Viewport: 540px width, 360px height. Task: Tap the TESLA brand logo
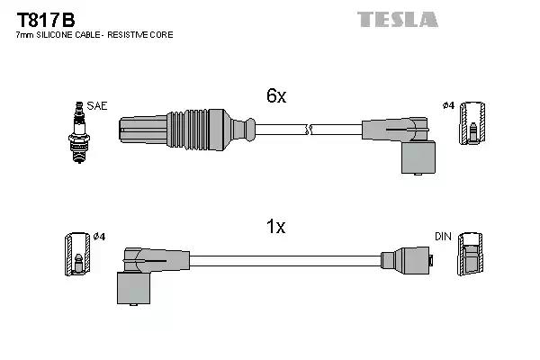coord(397,19)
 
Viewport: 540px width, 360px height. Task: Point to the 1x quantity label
coord(275,227)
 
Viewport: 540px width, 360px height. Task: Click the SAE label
coord(98,105)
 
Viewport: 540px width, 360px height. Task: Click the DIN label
coord(442,236)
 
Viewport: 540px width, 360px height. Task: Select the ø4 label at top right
coord(448,106)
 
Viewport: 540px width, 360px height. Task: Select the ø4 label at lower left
coord(99,237)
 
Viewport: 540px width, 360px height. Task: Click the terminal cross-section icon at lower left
coord(77,255)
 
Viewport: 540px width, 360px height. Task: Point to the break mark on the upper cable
coord(309,131)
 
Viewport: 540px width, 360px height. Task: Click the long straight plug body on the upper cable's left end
coord(143,130)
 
